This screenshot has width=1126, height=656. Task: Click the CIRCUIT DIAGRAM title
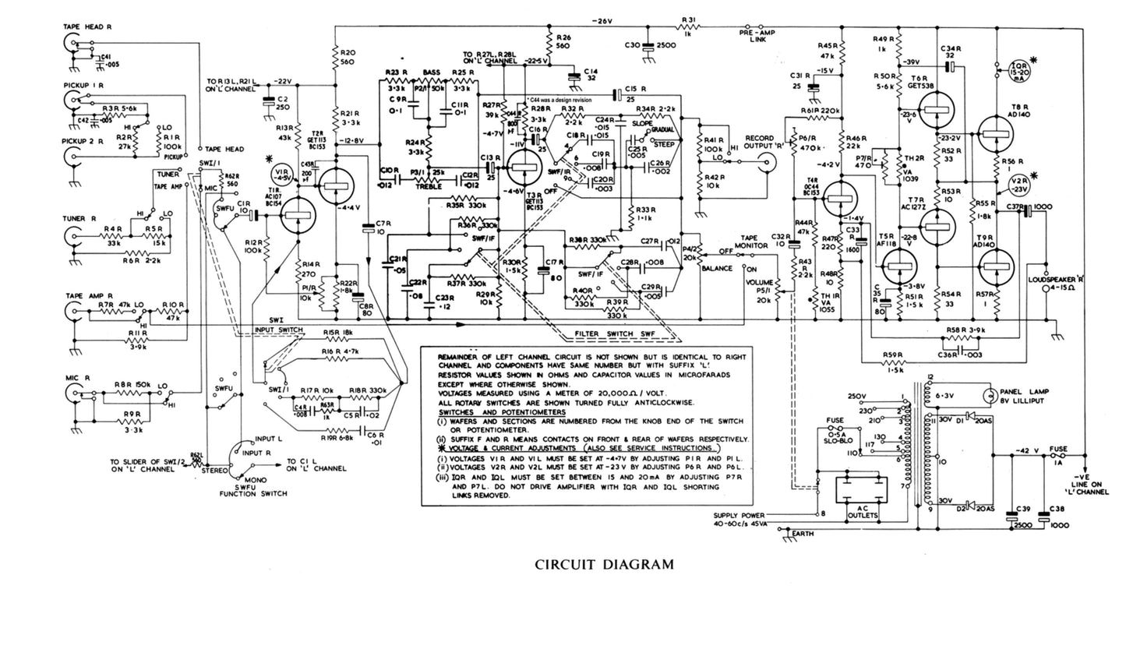605,564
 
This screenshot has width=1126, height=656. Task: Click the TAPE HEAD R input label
88,26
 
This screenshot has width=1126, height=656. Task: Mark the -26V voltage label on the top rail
603,19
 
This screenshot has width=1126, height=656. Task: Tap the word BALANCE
716,268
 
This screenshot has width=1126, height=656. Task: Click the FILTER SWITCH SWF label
611,333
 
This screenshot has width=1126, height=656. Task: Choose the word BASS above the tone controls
431,72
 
